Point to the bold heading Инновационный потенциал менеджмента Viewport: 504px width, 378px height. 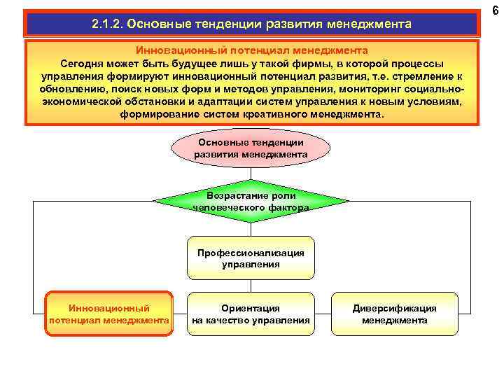pyautogui.click(x=251, y=50)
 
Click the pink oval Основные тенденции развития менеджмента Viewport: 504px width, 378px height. pyautogui.click(x=251, y=148)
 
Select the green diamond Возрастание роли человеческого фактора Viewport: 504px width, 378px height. pyautogui.click(x=251, y=201)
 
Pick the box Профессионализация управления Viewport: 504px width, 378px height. pyautogui.click(x=251, y=258)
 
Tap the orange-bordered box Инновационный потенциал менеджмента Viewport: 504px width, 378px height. pyautogui.click(x=108, y=314)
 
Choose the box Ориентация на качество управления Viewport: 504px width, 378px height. pyautogui.click(x=251, y=314)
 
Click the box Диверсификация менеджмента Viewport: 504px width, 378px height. pyautogui.click(x=394, y=314)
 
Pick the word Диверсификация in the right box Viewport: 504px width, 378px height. pyautogui.click(x=394, y=308)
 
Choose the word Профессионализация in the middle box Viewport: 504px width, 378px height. pyautogui.click(x=251, y=252)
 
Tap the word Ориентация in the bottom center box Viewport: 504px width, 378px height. pyautogui.click(x=251, y=308)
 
